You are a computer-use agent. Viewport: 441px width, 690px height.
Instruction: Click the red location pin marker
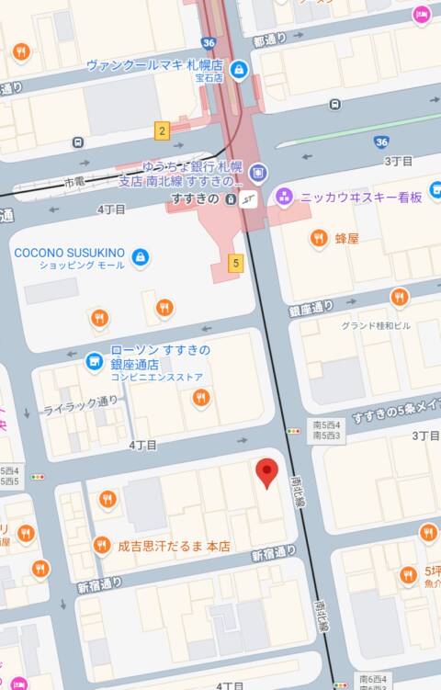click(266, 472)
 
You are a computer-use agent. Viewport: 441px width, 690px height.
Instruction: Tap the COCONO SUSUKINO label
click(70, 252)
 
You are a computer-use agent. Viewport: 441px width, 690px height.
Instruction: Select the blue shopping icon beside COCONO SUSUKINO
click(141, 256)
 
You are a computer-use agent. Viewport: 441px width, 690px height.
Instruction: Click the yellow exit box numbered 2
click(162, 130)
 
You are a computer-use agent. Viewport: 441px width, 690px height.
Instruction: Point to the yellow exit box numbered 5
click(236, 264)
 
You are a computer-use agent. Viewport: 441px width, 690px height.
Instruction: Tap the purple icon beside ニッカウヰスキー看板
click(284, 196)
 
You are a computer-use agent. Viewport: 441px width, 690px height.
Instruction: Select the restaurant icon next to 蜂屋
click(319, 238)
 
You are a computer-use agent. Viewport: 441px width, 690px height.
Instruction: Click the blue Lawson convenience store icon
click(94, 362)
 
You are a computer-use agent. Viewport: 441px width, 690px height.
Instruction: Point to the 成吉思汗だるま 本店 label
click(173, 546)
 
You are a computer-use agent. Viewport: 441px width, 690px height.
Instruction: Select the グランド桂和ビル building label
click(376, 325)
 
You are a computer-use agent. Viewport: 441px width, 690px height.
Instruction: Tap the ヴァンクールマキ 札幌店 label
click(155, 65)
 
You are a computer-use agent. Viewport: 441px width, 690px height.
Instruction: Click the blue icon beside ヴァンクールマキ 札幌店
click(239, 70)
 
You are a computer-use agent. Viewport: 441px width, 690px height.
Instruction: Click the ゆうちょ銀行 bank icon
click(258, 172)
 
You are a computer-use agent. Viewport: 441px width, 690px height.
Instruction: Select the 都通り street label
click(270, 40)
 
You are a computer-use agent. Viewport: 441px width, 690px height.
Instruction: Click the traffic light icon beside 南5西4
click(294, 429)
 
